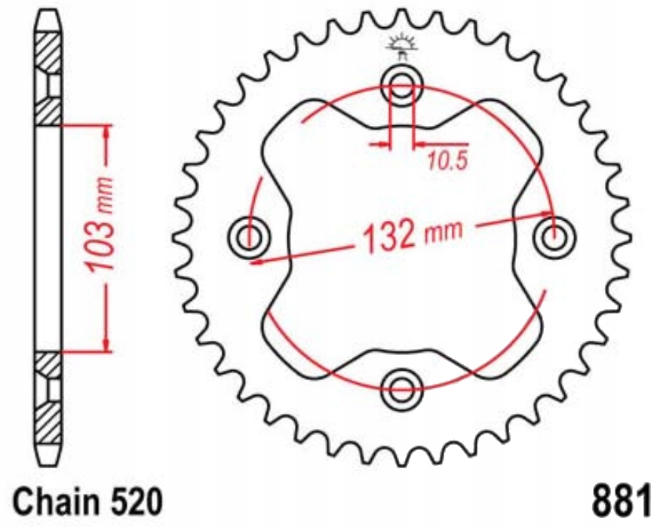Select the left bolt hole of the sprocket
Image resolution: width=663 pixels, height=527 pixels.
[x=247, y=237]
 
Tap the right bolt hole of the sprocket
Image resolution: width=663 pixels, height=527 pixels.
[x=554, y=237]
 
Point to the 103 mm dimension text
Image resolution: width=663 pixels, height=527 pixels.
[x=98, y=237]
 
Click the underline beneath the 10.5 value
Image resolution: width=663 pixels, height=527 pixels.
[x=445, y=143]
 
